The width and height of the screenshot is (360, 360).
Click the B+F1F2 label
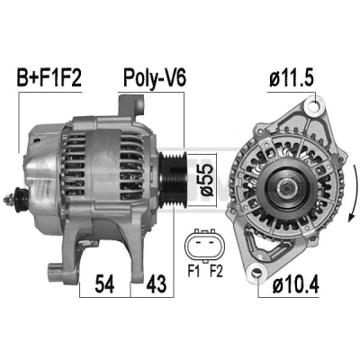(49, 77)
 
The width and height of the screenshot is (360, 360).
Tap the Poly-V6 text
(155, 78)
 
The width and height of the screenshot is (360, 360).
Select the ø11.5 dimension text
(292, 78)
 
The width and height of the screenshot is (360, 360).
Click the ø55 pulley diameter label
(207, 180)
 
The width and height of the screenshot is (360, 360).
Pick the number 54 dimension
(104, 283)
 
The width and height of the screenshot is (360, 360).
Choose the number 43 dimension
(156, 283)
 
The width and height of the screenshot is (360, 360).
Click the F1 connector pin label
(193, 272)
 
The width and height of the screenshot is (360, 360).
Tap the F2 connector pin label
(216, 272)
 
